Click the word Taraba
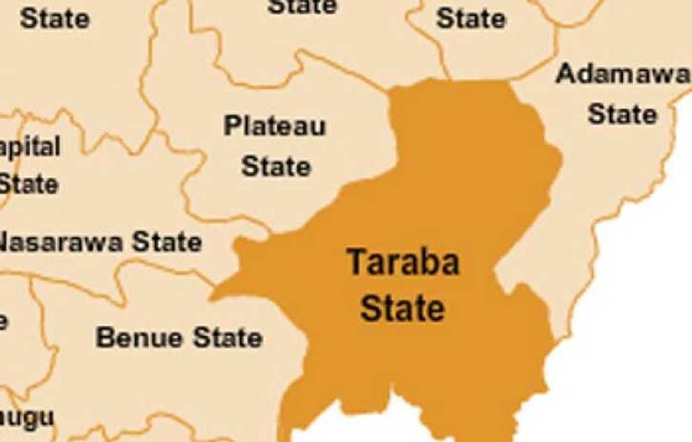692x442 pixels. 403,262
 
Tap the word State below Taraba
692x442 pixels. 403,308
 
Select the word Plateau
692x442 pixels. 275,127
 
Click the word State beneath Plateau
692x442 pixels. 276,166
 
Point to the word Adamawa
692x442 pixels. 623,75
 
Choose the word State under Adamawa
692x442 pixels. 622,114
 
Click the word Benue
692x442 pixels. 140,338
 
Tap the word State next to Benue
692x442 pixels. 228,338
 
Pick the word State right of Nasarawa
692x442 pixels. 167,242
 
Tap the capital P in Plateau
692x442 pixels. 232,126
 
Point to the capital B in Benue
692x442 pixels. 105,338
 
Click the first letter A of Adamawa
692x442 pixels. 565,75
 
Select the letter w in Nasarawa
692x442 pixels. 95,243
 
